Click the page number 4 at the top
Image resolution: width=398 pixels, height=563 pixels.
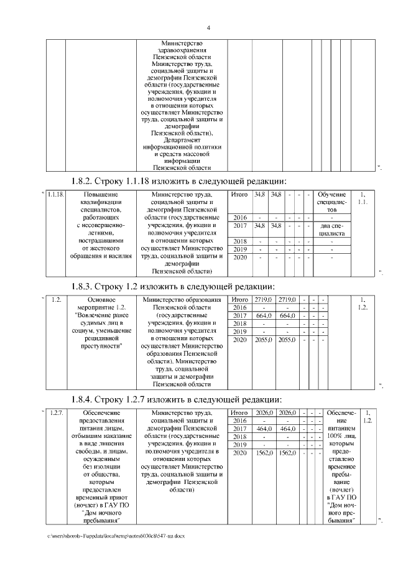pyautogui.click(x=208, y=27)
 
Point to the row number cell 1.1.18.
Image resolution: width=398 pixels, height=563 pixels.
pyautogui.click(x=56, y=195)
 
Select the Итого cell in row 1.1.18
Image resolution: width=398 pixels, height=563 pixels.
pyautogui.click(x=239, y=195)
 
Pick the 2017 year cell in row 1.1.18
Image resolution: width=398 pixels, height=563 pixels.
pyautogui.click(x=239, y=225)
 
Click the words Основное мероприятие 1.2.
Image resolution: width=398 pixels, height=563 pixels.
pyautogui.click(x=100, y=304)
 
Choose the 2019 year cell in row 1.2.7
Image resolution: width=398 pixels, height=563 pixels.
pyautogui.click(x=239, y=444)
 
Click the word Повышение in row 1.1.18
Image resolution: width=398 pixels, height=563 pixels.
pyautogui.click(x=99, y=195)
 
